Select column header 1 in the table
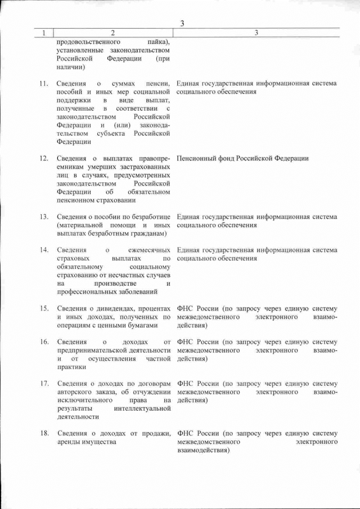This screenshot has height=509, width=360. pyautogui.click(x=43, y=33)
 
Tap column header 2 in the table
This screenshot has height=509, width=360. pyautogui.click(x=113, y=33)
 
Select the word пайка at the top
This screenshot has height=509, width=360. pyautogui.click(x=159, y=42)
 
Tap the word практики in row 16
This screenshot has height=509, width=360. pyautogui.click(x=72, y=367)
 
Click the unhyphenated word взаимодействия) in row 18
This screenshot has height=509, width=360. pyautogui.click(x=203, y=451)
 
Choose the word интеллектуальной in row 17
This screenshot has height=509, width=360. pyautogui.click(x=142, y=409)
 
